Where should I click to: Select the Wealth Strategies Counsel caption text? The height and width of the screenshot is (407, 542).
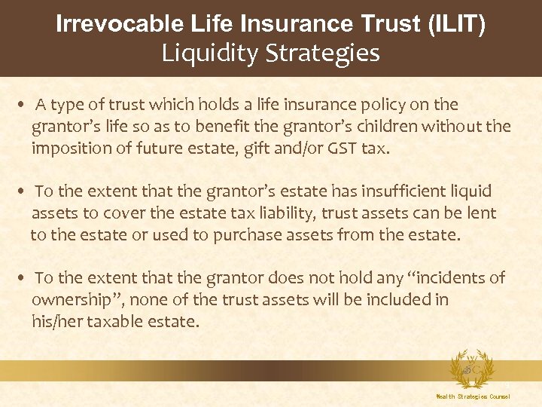pos(473,396)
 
